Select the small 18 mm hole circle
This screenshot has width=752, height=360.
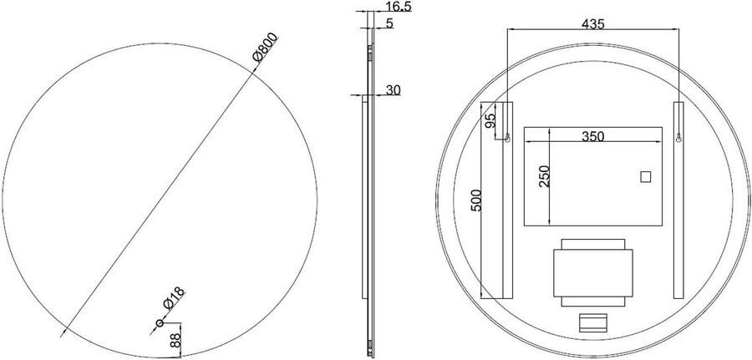160,322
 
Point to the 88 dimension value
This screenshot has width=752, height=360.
174,341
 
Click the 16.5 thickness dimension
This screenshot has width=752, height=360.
398,8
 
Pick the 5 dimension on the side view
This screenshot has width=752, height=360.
389,23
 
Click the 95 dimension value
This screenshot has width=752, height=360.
491,120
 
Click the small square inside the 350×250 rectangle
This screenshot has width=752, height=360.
644,176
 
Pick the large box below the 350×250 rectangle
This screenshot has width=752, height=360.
592,272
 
